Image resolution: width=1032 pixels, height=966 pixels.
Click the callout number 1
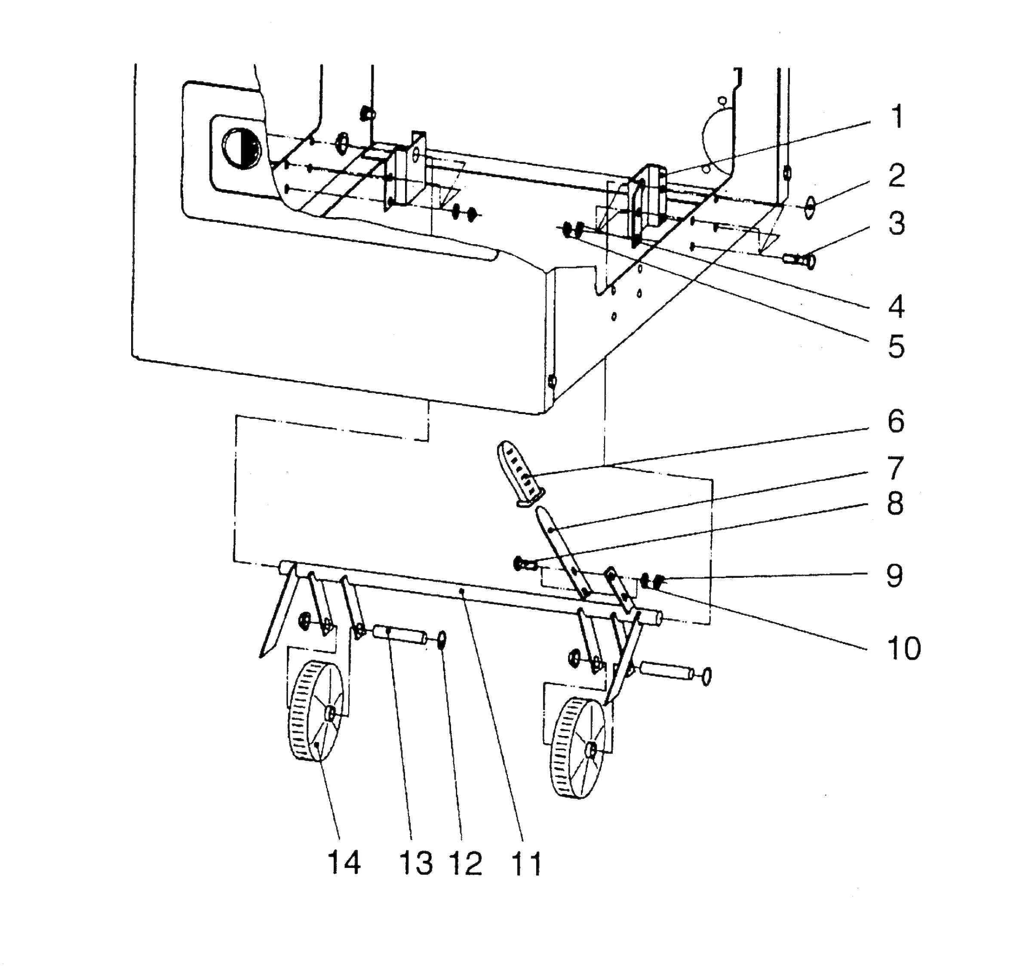click(x=897, y=117)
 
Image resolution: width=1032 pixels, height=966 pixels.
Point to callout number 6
click(x=897, y=421)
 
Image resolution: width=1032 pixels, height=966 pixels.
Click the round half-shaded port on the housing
click(x=243, y=148)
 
